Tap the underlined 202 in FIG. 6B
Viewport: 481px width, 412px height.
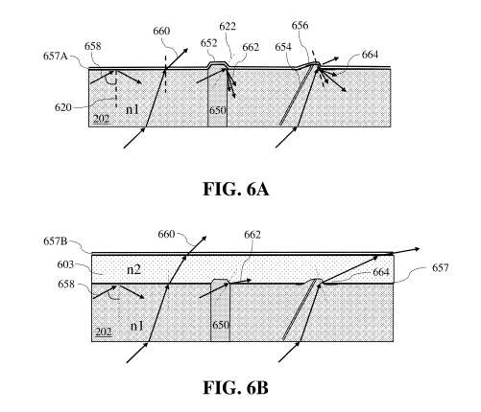pos(101,332)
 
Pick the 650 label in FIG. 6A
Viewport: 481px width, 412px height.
pos(218,113)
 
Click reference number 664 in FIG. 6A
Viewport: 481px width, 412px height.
pos(368,56)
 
